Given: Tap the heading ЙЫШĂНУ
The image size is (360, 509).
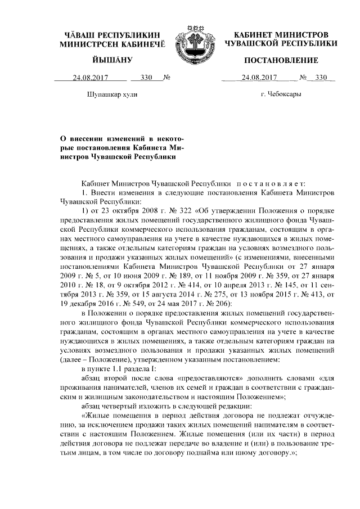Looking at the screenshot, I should click(112, 60).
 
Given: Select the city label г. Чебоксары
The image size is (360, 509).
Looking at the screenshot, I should click(281, 94).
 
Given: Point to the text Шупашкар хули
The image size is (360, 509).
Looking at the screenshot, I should click(112, 94).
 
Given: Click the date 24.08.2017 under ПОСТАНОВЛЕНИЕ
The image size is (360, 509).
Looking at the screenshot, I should click(259, 78).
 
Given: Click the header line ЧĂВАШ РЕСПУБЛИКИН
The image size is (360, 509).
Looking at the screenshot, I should click(112, 35).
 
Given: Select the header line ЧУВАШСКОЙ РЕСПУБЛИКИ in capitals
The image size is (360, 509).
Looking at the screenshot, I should click(281, 43).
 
